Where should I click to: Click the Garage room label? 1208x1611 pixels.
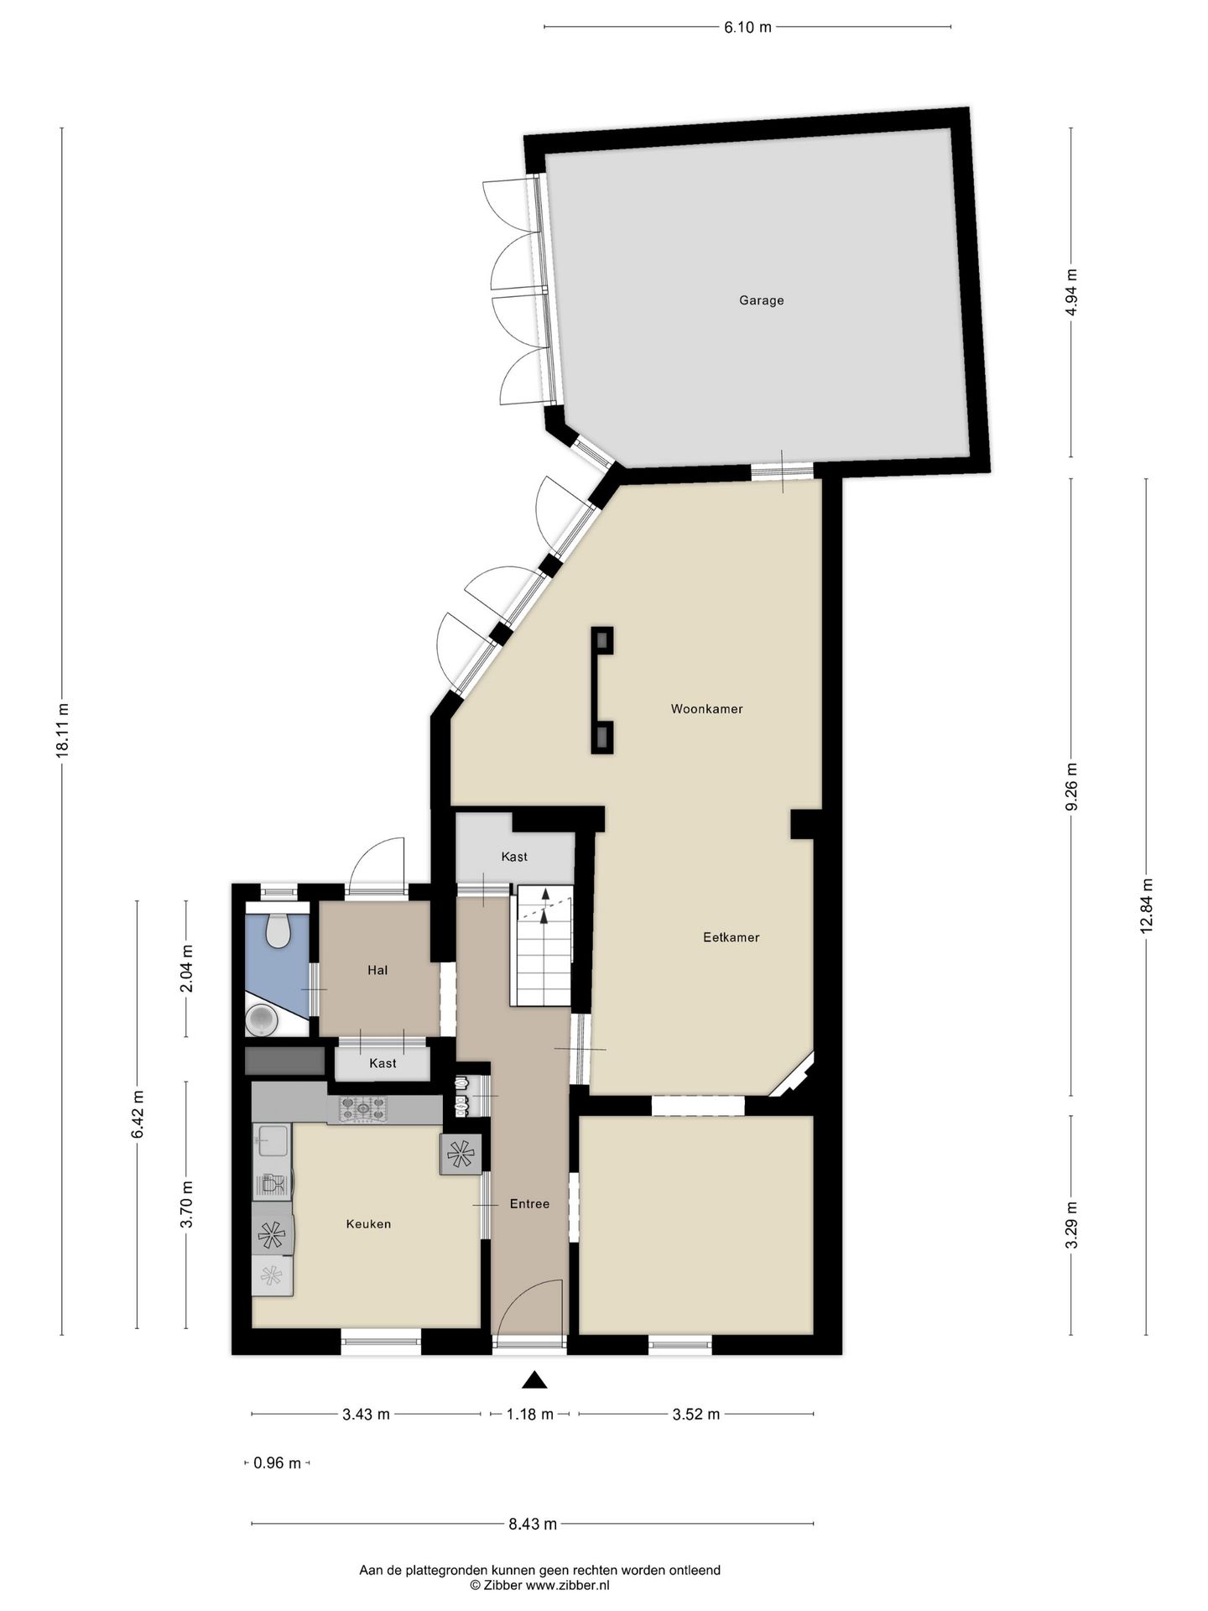pyautogui.click(x=761, y=300)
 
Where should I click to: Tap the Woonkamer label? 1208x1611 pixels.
pyautogui.click(x=706, y=709)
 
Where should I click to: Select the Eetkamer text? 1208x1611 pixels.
pyautogui.click(x=731, y=937)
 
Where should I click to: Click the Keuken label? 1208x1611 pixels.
pyautogui.click(x=368, y=1224)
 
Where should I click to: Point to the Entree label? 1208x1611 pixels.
pyautogui.click(x=529, y=1204)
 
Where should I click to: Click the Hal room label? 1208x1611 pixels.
pyautogui.click(x=377, y=970)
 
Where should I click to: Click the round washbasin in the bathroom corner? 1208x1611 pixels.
pyautogui.click(x=263, y=1019)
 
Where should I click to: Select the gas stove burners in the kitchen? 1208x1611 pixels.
pyautogui.click(x=363, y=1109)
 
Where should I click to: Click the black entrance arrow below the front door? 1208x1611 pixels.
pyautogui.click(x=534, y=1379)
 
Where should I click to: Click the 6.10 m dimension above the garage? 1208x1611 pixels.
pyautogui.click(x=747, y=27)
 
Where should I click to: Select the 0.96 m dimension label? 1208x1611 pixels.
pyautogui.click(x=277, y=1463)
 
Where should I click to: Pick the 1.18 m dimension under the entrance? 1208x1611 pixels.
pyautogui.click(x=529, y=1414)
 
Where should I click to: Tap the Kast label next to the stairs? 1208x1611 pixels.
pyautogui.click(x=514, y=857)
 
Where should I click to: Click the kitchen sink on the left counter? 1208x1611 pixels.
pyautogui.click(x=273, y=1139)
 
